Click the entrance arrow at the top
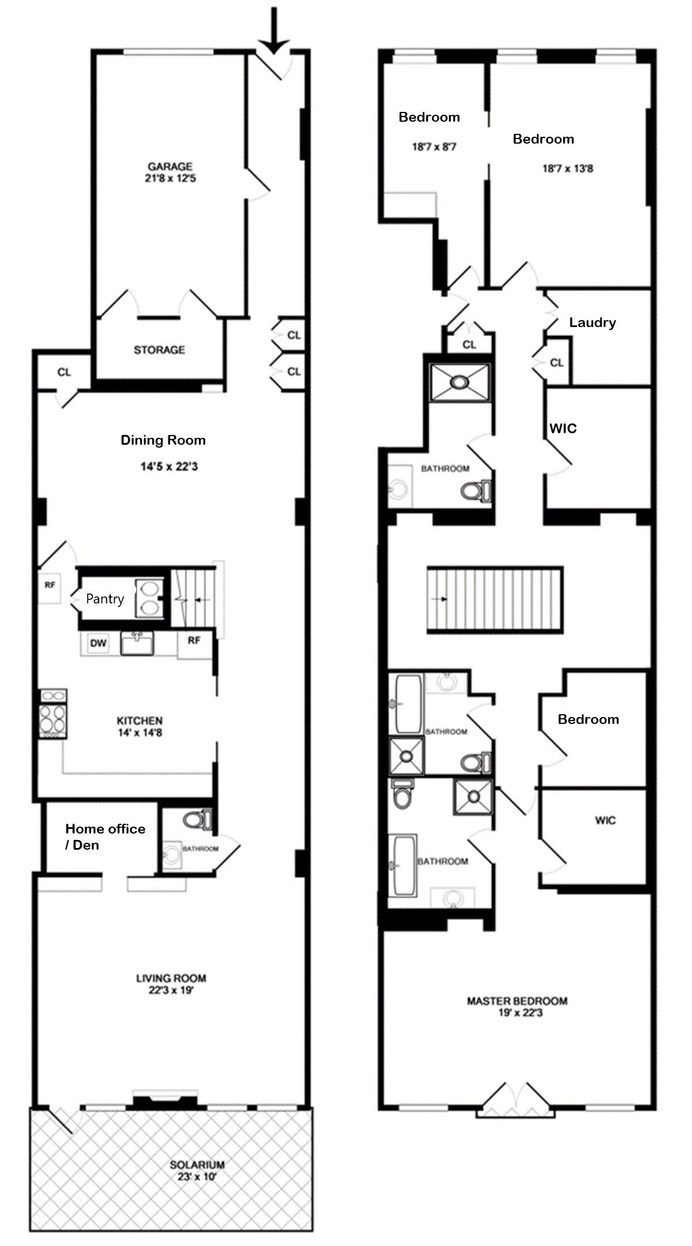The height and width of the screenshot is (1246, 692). point(274,29)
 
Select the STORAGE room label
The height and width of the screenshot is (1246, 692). point(159,350)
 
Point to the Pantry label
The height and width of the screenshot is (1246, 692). point(105,599)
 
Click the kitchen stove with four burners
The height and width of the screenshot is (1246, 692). point(53,714)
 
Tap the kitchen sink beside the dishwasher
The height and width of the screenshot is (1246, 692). point(137,643)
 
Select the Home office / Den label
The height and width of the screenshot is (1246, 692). point(105,836)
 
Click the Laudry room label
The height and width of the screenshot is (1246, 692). point(592,322)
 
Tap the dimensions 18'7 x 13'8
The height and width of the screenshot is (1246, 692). point(567,168)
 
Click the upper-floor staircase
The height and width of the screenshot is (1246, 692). point(495,600)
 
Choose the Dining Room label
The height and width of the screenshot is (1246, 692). point(163,440)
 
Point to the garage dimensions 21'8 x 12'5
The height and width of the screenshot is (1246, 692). point(171,179)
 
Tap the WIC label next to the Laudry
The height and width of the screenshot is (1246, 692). point(563,428)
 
